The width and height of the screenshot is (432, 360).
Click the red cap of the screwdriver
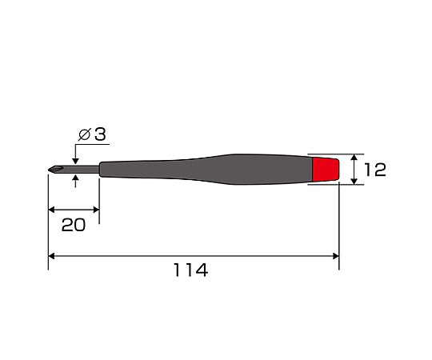(326, 170)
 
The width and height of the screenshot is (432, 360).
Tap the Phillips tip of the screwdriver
(56, 170)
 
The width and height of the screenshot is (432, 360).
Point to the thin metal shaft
(82, 170)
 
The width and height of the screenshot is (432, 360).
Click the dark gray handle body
(206, 170)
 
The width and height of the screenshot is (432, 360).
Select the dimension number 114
(190, 270)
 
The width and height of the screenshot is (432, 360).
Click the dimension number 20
(74, 225)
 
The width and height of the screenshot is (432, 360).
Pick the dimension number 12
(374, 170)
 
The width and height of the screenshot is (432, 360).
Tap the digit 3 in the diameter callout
(100, 134)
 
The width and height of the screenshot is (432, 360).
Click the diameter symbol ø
(84, 134)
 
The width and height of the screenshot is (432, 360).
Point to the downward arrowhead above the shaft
(75, 162)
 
